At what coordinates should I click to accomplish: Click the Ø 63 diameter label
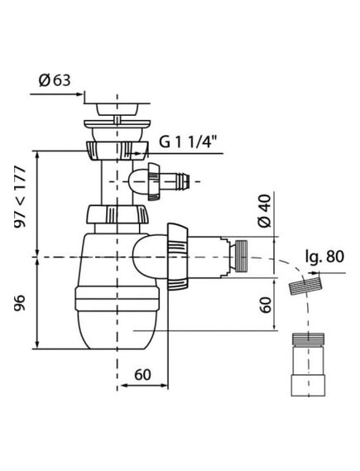coord(55,80)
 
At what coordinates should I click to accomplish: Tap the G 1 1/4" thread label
coord(188,142)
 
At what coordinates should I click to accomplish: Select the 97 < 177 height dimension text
coord(21,197)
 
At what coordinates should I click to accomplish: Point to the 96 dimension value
coord(21,302)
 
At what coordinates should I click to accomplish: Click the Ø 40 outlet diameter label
coord(265,210)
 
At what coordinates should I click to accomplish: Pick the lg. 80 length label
coord(324,257)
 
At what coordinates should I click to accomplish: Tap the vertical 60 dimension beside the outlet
coord(266,305)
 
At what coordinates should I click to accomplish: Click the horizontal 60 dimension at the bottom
coord(142,375)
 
